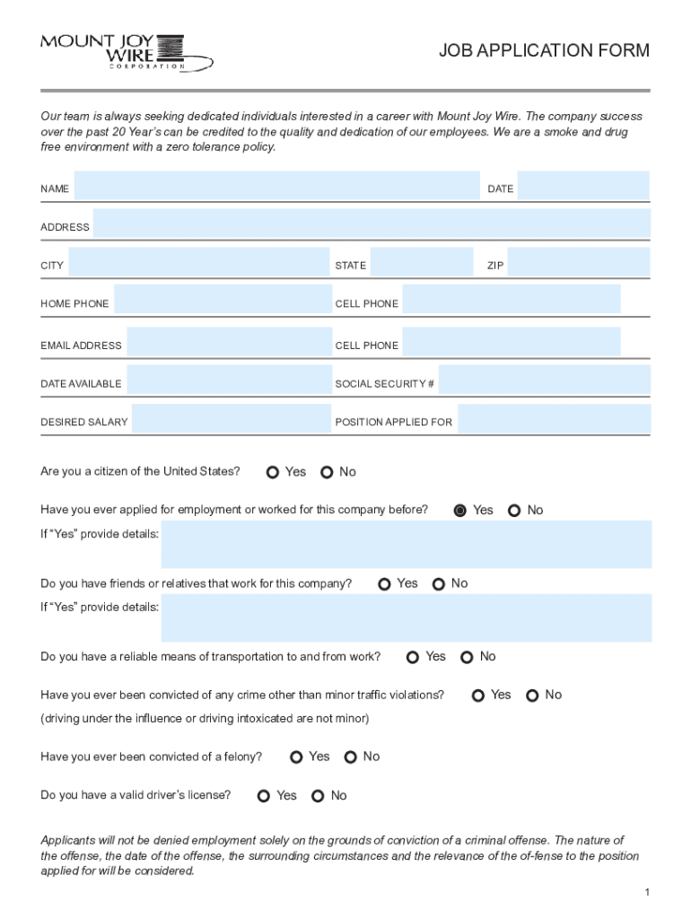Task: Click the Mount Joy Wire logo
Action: (126, 52)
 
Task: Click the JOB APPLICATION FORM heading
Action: (544, 51)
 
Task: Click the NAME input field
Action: (276, 188)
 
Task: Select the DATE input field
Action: (582, 188)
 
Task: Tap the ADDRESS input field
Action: (372, 225)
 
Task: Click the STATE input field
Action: (421, 264)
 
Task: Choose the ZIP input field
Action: (578, 264)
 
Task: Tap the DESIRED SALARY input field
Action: (231, 420)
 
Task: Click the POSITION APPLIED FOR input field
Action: (554, 420)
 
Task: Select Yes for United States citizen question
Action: (273, 472)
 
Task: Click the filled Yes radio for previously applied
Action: (460, 511)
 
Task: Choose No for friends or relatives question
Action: (439, 584)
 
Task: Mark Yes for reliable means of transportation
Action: (413, 657)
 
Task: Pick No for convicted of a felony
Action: (351, 757)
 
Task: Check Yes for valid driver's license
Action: (264, 796)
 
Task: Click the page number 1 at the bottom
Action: (646, 891)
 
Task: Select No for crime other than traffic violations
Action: (533, 696)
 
